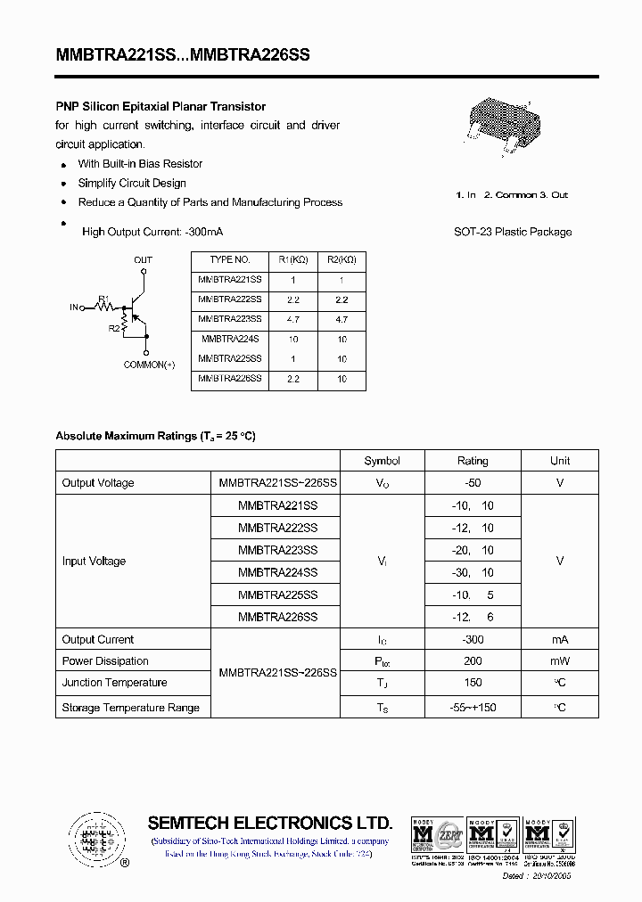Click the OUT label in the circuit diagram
click(x=143, y=260)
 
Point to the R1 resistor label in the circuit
click(x=103, y=298)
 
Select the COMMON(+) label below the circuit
click(x=149, y=365)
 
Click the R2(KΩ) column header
click(x=342, y=260)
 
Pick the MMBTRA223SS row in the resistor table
click(x=230, y=319)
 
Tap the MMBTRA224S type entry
click(x=230, y=340)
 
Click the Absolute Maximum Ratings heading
click(x=155, y=436)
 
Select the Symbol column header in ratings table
click(x=382, y=461)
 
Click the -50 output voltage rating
click(x=473, y=483)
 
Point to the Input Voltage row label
click(x=94, y=562)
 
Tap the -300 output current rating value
click(x=473, y=640)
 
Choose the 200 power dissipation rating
click(x=473, y=661)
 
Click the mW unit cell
click(x=560, y=661)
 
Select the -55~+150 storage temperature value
click(x=473, y=708)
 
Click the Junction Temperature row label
click(x=114, y=683)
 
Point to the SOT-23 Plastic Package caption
click(x=513, y=232)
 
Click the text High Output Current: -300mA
click(x=152, y=232)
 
